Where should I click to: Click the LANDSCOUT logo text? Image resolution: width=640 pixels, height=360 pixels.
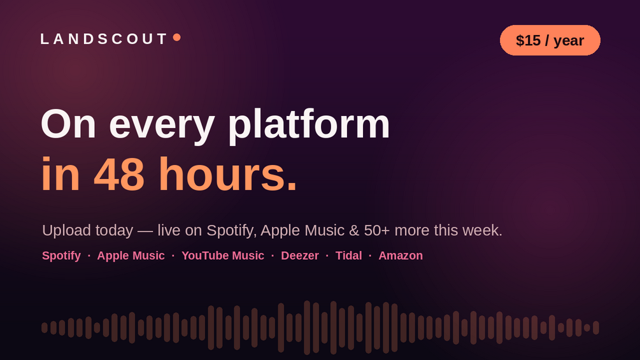[x=104, y=39]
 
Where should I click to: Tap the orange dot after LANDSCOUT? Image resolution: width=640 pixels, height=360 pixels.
[x=177, y=38]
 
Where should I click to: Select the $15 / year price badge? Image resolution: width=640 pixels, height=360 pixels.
[x=550, y=40]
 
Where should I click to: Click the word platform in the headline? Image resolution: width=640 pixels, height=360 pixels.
[x=309, y=125]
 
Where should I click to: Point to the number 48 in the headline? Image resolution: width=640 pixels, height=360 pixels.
[x=119, y=175]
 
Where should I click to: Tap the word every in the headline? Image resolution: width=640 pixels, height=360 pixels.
[x=162, y=127]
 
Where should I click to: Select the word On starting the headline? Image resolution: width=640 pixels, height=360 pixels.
[x=68, y=124]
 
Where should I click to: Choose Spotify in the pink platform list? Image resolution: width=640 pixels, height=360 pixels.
[x=61, y=256]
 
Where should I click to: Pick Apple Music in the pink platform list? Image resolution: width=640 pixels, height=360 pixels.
[x=131, y=256]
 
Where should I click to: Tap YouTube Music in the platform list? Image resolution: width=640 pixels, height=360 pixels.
[x=223, y=256]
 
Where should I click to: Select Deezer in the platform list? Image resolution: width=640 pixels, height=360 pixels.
[x=299, y=256]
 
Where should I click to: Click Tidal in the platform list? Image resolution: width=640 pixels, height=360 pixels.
[x=348, y=256]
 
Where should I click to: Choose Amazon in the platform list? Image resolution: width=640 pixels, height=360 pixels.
[x=401, y=256]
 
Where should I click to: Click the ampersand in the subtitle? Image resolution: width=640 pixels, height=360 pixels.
[x=354, y=231]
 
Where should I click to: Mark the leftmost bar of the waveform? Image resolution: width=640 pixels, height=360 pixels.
[x=45, y=328]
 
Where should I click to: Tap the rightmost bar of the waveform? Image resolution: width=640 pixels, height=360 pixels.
[x=596, y=328]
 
